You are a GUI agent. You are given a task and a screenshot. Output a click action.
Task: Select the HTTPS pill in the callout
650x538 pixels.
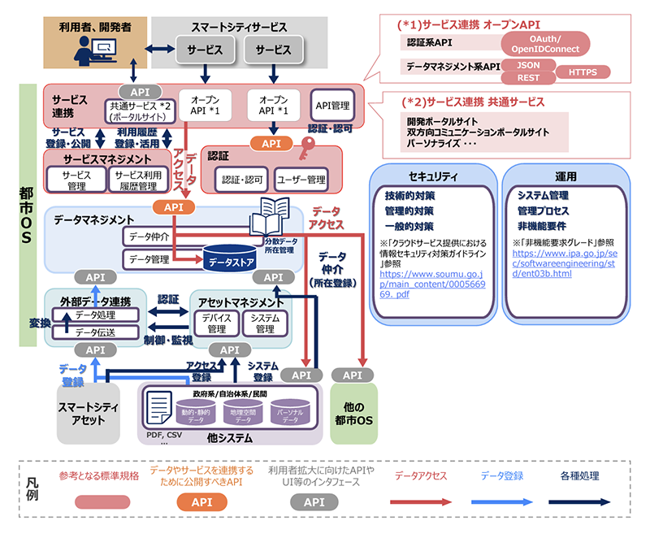(583, 72)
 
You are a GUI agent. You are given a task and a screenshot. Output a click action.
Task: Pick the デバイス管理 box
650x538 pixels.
(216, 323)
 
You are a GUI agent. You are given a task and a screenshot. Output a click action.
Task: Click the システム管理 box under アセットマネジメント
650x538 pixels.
(265, 323)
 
